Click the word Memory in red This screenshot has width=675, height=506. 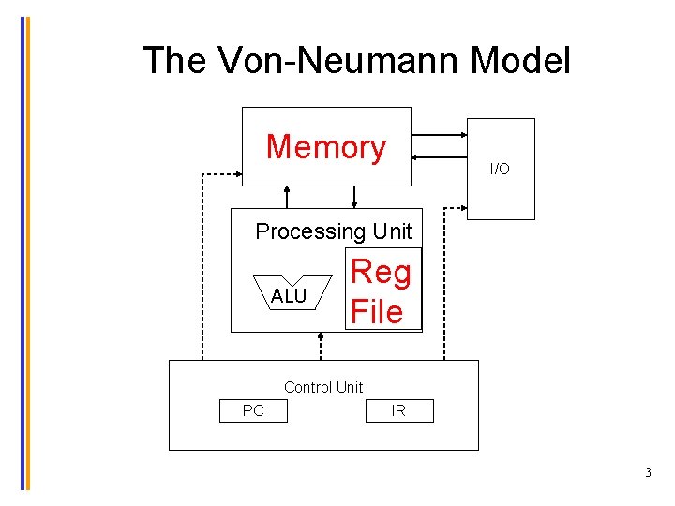325,147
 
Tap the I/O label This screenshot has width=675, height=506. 500,170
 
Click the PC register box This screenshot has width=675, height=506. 253,410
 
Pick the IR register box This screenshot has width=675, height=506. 398,410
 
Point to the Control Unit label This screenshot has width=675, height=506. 322,387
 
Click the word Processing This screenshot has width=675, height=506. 310,231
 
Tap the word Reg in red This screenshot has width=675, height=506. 381,272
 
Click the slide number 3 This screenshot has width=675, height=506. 648,473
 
